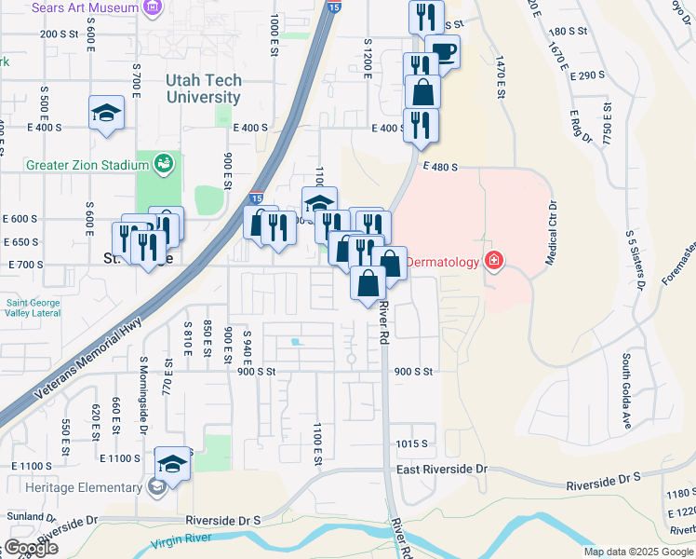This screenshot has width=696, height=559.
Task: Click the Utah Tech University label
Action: coord(203,89)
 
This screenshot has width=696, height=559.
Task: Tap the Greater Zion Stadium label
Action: coord(87,165)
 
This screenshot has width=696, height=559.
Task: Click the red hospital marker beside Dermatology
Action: coord(493,262)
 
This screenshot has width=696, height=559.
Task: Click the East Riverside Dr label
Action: coord(441,470)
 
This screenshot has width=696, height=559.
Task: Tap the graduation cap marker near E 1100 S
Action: coord(172,463)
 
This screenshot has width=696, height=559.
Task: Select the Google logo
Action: coord(31,548)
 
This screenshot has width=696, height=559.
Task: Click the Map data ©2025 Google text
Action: coord(638,552)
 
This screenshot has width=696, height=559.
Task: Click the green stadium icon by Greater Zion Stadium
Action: coord(164,164)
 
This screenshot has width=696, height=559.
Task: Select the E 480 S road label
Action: coord(441,166)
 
